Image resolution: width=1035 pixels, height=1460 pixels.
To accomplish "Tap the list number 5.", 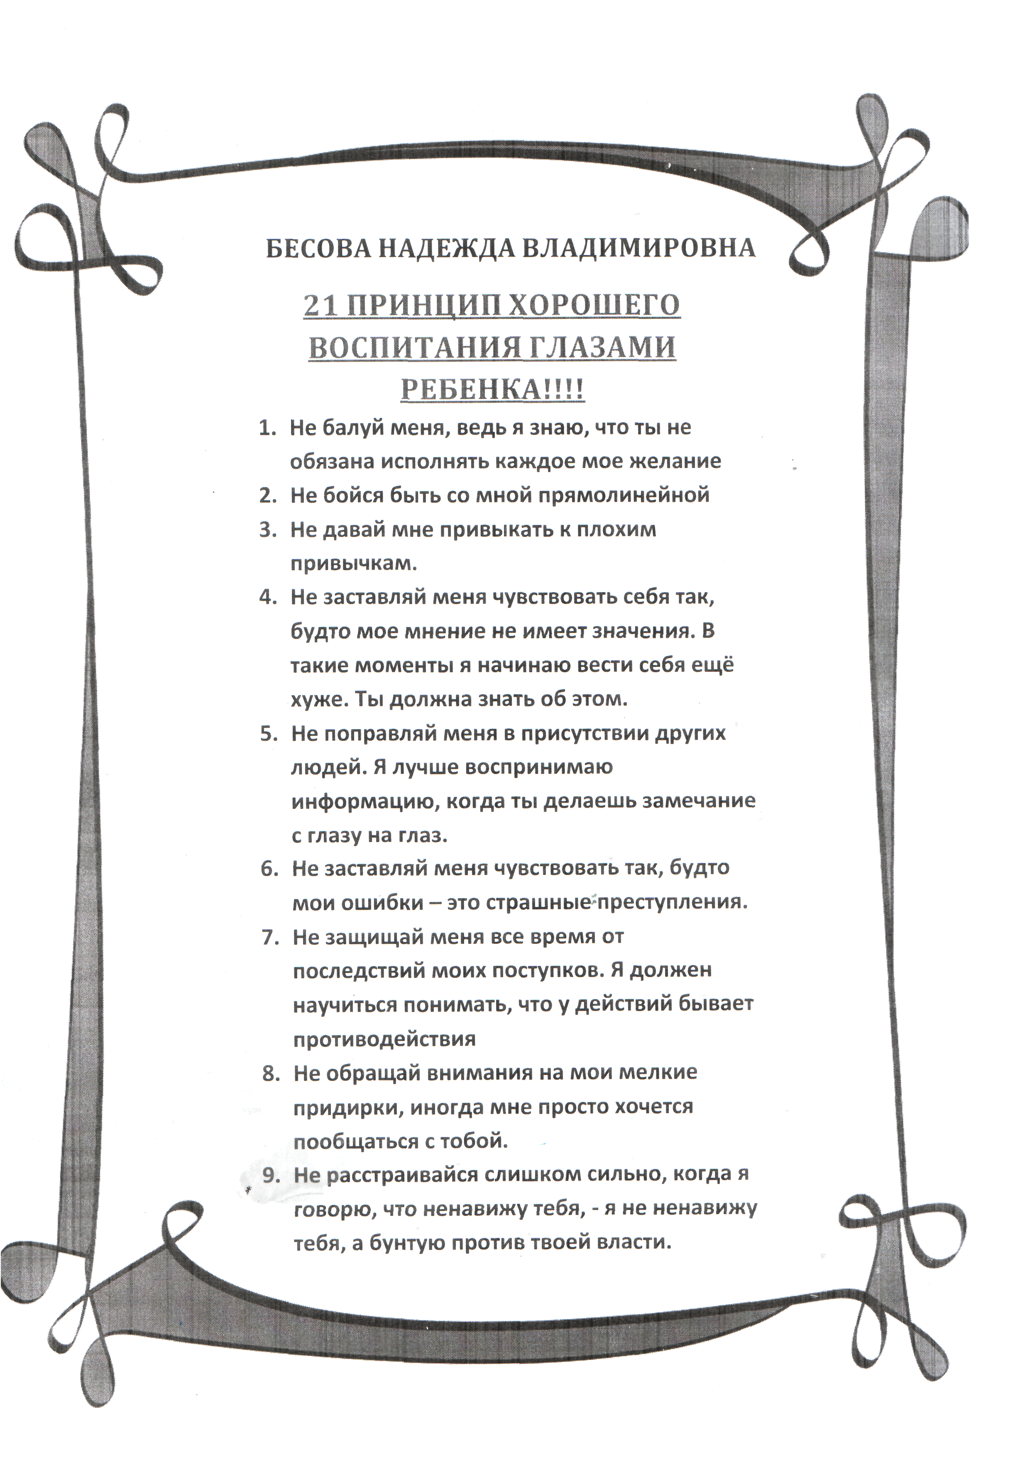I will (x=268, y=733).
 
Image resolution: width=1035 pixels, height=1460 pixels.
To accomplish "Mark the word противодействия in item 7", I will (x=385, y=1039).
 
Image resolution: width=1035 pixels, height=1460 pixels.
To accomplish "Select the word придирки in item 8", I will (x=347, y=1107).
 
